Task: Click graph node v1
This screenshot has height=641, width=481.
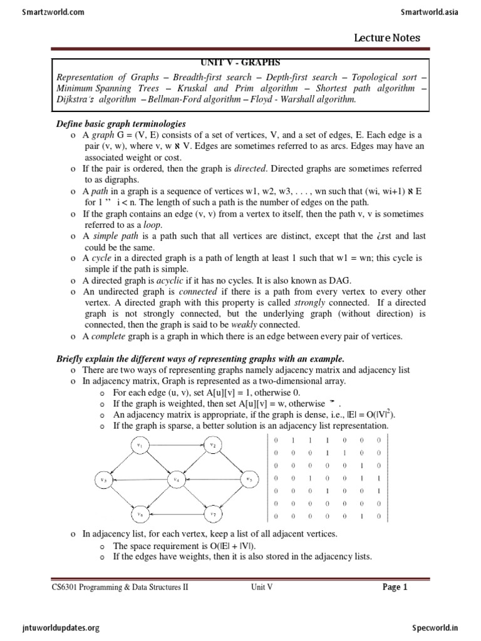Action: pos(140,446)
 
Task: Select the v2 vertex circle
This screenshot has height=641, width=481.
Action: pos(213,446)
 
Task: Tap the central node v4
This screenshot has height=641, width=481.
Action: pos(177,479)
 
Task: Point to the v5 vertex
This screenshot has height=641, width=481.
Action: pos(249,479)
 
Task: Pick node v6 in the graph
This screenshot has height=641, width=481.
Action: pos(140,514)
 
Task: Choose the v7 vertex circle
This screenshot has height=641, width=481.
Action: pos(213,514)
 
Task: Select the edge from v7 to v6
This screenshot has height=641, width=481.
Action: pos(176,514)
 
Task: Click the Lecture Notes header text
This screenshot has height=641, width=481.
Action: pos(387,38)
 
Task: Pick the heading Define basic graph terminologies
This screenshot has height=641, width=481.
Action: pos(121,123)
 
